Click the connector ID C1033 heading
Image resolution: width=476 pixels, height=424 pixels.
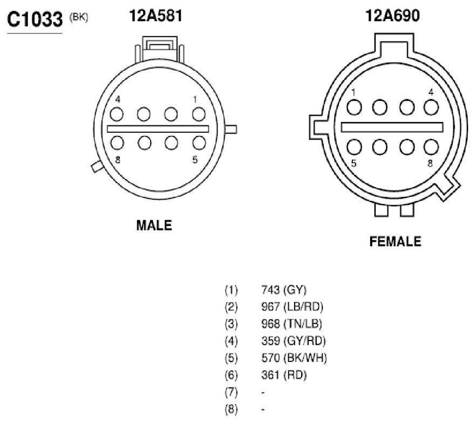[35, 19]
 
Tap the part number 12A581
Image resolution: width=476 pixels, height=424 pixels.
[156, 16]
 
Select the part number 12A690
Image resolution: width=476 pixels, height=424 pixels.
[392, 16]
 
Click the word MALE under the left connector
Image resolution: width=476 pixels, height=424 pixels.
[154, 225]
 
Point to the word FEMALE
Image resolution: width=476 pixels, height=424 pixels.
[395, 241]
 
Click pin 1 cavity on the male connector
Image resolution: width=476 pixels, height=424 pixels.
[199, 114]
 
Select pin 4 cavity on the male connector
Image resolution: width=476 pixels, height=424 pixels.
[117, 114]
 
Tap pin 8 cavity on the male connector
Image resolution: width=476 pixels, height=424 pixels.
[117, 142]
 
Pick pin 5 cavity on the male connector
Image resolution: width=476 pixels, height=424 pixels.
[199, 142]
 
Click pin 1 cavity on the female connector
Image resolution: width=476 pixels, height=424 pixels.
[354, 107]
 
